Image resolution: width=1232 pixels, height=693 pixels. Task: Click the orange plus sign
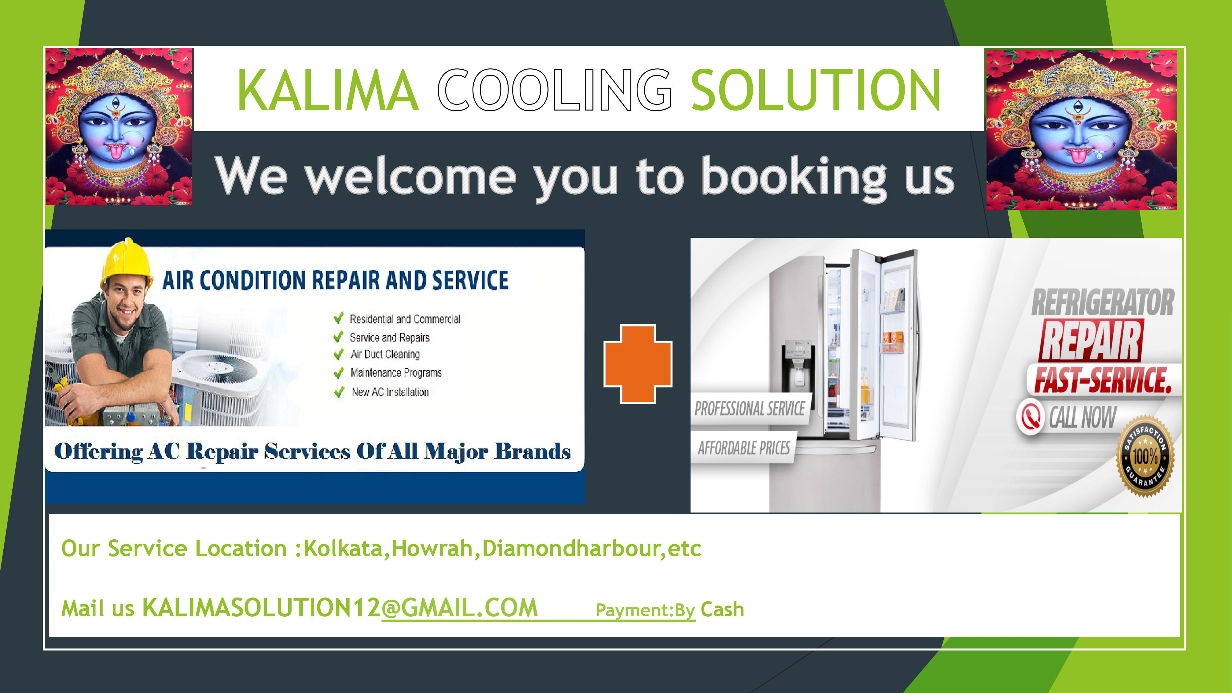pos(638,364)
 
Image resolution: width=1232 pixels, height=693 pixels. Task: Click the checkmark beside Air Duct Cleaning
pos(338,355)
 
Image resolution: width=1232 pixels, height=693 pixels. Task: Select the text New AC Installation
pos(390,392)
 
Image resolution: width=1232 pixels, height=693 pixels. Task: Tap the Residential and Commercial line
pos(405,319)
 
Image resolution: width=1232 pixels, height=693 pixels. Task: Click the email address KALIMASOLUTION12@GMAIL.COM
pos(340,608)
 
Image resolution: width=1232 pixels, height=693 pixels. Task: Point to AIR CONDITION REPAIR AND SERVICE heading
pos(335,280)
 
